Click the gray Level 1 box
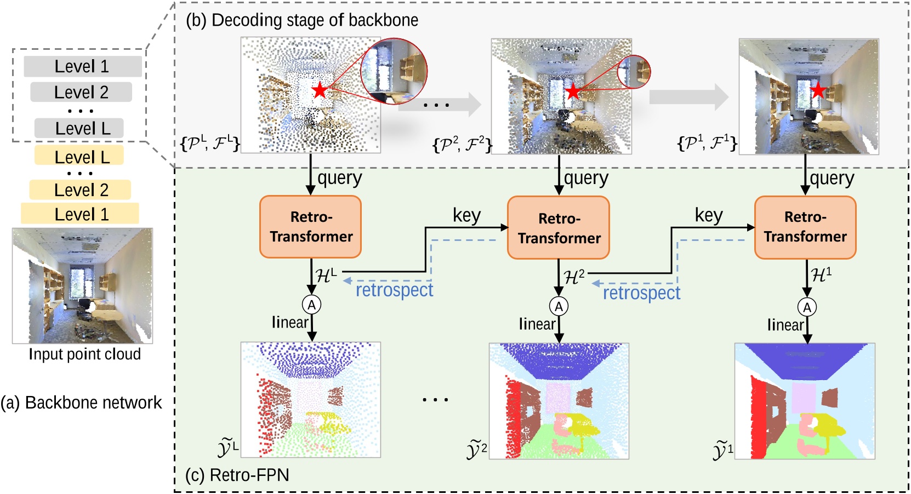tap(82, 66)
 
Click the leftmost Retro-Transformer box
tap(310, 227)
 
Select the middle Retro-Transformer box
tap(558, 228)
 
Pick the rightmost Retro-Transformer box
tap(805, 227)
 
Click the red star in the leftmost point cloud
tap(320, 90)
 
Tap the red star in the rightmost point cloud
tap(818, 90)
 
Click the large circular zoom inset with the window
tap(394, 71)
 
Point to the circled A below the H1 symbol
tap(807, 307)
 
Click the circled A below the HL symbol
tap(311, 305)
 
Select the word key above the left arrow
tap(466, 215)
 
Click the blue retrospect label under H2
tap(641, 293)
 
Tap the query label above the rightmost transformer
tap(832, 179)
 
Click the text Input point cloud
tap(84, 354)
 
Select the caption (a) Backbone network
tap(81, 403)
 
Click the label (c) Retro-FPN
tap(237, 475)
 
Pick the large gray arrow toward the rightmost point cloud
tap(688, 97)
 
